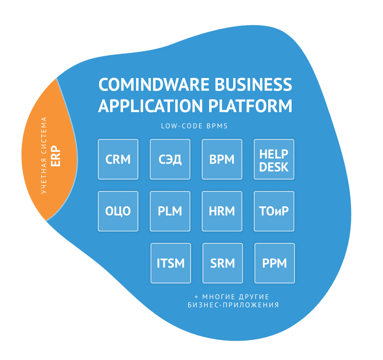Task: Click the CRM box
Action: point(118,159)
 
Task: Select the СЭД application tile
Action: point(170,159)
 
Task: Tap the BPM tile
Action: point(222,159)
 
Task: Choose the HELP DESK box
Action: point(274,159)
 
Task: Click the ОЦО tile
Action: point(118,211)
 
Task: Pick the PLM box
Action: point(170,211)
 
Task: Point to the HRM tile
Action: point(222,211)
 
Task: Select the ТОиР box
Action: point(274,211)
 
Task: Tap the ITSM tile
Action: point(170,263)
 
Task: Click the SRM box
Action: point(223,263)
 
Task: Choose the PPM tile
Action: point(274,263)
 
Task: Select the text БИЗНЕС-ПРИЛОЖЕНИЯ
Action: point(233,305)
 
